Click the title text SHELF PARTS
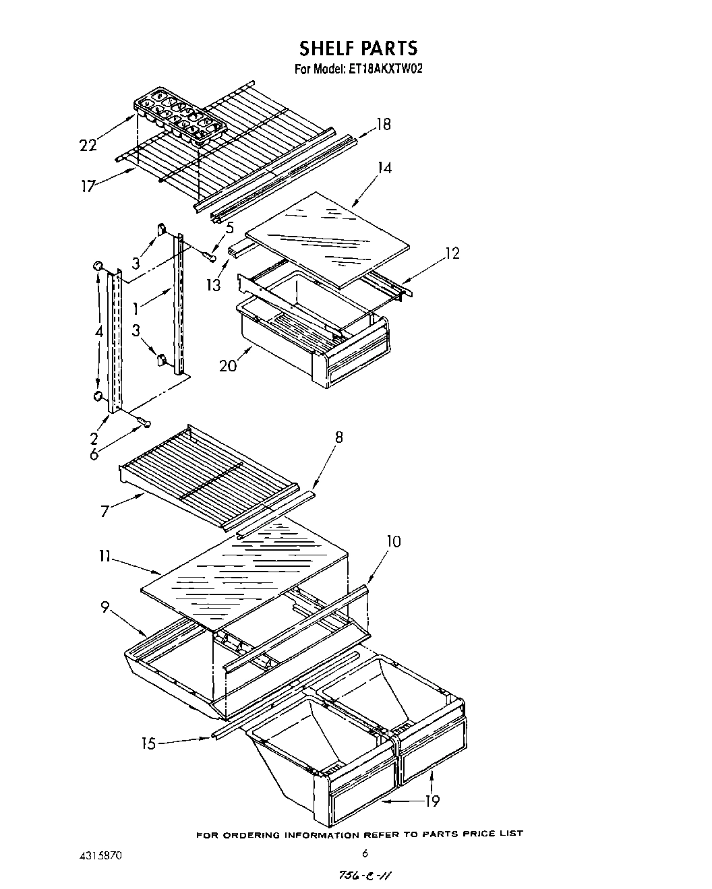tap(358, 49)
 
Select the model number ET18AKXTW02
tap(385, 68)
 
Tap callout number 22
tap(88, 145)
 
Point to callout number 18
tap(383, 125)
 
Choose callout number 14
tap(384, 168)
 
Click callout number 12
tap(452, 253)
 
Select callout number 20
tap(227, 365)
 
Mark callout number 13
tap(214, 285)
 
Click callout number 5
tap(230, 228)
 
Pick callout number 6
tap(94, 454)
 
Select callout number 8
tap(338, 437)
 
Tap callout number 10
tap(394, 541)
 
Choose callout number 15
tap(148, 743)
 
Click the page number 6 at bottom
tap(365, 853)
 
